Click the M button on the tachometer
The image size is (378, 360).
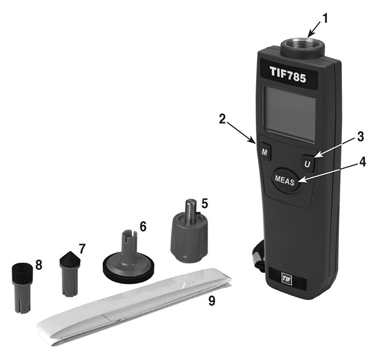tap(265, 152)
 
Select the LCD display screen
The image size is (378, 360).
tap(289, 114)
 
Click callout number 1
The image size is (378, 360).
tap(325, 19)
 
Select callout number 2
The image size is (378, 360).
tap(222, 119)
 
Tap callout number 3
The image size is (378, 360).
tap(359, 137)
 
